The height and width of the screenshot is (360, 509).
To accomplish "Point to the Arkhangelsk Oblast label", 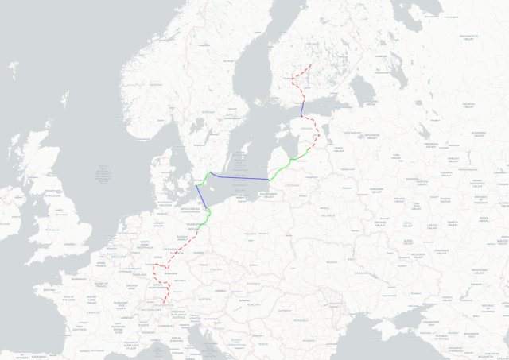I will tap(469, 36).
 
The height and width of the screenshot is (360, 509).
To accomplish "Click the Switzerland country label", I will tap(153, 308).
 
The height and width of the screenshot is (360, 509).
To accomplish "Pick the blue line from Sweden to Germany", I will tap(202, 198).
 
